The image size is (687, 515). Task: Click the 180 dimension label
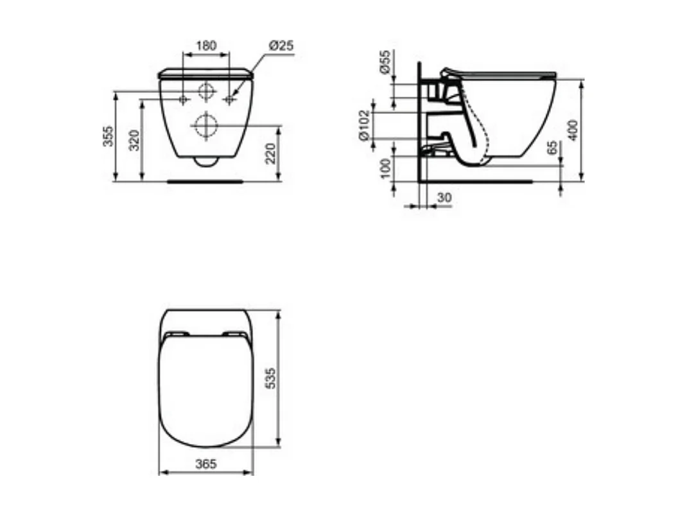coord(206,46)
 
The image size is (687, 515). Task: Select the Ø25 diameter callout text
coord(281,46)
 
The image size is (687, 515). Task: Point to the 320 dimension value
coord(134,139)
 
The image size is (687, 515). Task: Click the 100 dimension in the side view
coord(385,168)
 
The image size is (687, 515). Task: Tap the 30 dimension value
coord(444,198)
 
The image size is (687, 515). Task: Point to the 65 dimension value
coord(553,149)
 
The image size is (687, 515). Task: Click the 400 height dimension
coord(574,130)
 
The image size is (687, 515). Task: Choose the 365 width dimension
coord(205,463)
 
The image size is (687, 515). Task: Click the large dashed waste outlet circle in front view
coord(205,125)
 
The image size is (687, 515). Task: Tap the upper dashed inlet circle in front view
coord(205,91)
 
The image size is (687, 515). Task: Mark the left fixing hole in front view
coord(184,100)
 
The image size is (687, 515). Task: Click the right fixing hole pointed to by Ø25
coord(229,100)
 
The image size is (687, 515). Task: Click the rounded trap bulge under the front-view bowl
coord(205,161)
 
